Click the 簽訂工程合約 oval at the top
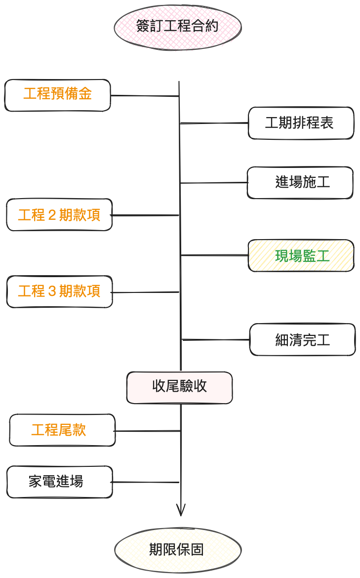point(178,26)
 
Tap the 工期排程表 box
point(301,123)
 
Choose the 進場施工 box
point(300,183)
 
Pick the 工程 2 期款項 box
point(59,215)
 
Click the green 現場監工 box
point(301,256)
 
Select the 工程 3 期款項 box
point(59,291)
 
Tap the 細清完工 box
point(302,340)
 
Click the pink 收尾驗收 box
point(179,387)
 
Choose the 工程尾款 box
point(62,430)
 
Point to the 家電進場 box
point(60,482)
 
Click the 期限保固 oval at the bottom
point(178,550)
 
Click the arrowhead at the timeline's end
point(181,511)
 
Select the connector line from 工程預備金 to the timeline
point(144,96)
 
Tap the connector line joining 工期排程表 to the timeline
point(214,123)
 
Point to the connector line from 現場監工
point(214,255)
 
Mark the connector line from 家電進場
point(146,482)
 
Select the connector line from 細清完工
point(216,340)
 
